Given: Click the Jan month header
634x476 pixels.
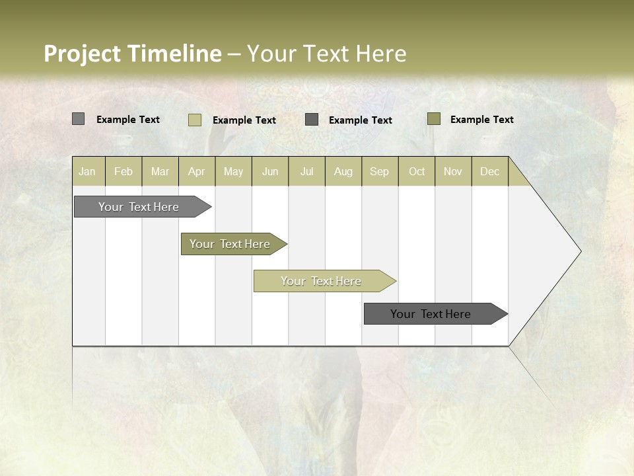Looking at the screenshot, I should (x=88, y=171).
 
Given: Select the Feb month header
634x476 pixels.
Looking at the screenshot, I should (x=123, y=171).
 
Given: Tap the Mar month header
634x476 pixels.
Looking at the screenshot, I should (x=160, y=171).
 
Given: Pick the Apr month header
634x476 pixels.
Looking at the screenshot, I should (x=197, y=171).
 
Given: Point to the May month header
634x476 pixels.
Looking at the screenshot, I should (x=233, y=171).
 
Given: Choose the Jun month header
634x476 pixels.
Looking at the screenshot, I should (x=270, y=171).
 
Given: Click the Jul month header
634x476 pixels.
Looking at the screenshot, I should (x=306, y=171).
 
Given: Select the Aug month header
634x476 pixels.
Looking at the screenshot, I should (x=343, y=171).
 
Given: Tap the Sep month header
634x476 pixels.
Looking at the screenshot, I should (x=380, y=171).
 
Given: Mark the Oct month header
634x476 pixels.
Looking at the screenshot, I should (x=417, y=171).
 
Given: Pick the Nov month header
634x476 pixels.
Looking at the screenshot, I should (x=453, y=171).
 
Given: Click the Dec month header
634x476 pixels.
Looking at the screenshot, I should (x=490, y=171).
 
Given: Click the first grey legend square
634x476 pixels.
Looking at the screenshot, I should (x=78, y=119).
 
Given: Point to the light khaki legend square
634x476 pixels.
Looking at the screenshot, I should (x=194, y=120).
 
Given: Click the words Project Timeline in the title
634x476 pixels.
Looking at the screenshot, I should (x=132, y=54).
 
